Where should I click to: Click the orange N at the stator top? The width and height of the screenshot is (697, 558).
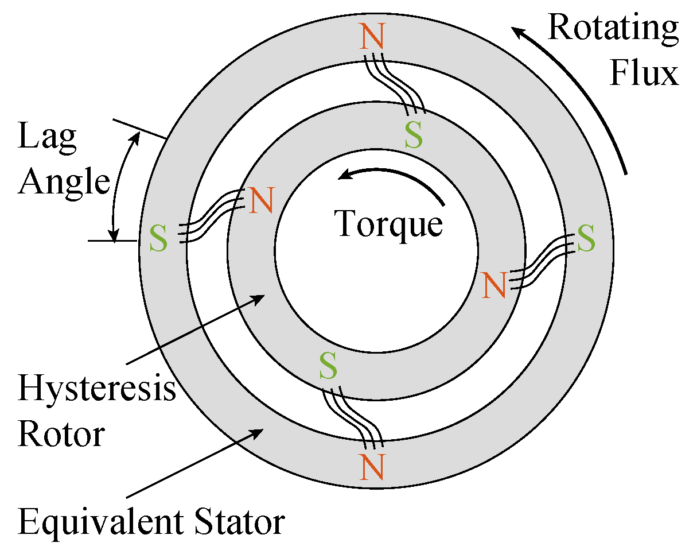tap(373, 38)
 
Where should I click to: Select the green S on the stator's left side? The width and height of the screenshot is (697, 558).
tap(159, 239)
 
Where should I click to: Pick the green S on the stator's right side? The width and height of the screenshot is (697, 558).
tap(586, 239)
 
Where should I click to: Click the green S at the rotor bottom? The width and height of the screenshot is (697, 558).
tap(328, 366)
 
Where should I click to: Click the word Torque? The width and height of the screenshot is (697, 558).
tap(389, 224)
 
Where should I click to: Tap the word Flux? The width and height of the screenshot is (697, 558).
tap(644, 73)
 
